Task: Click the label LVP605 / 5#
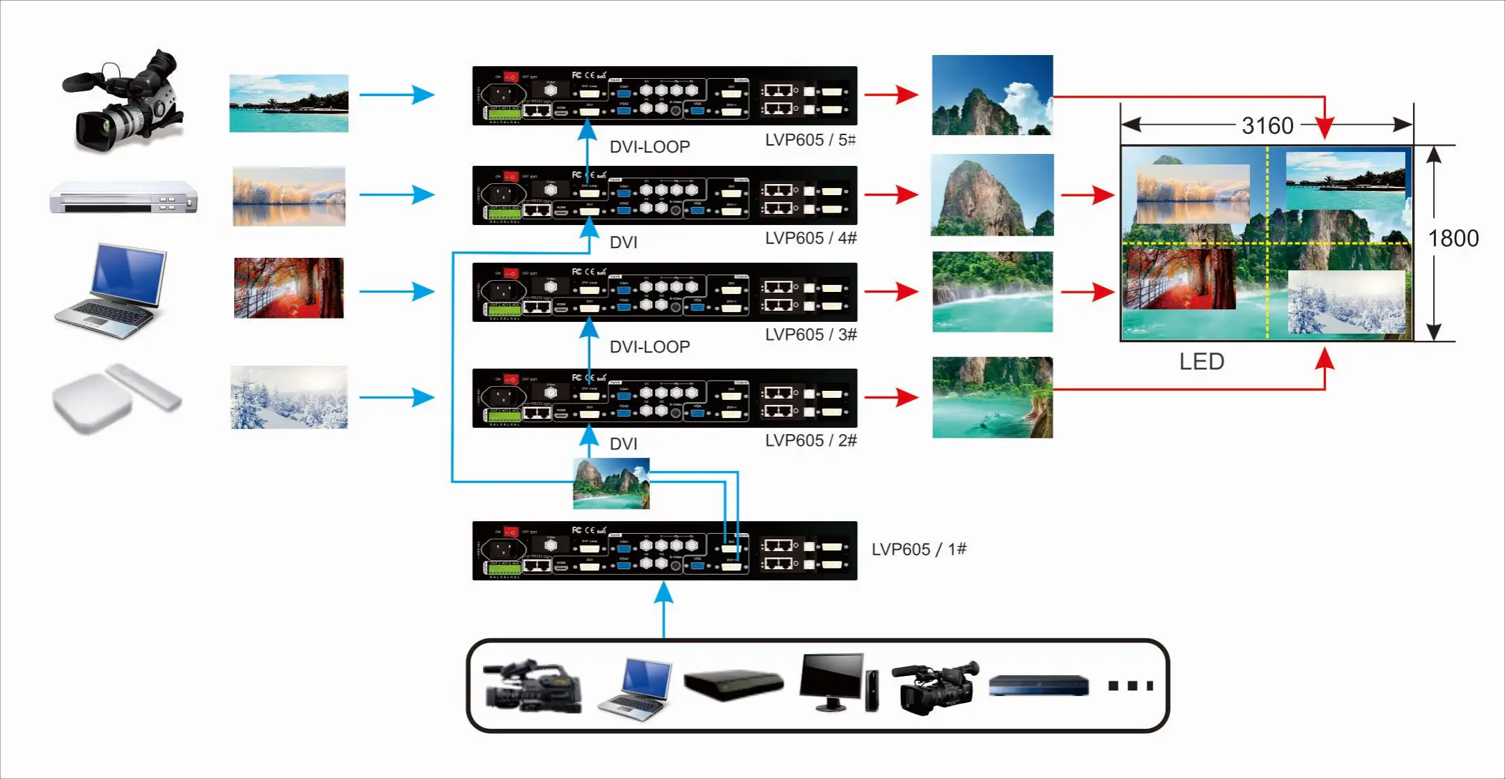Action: tap(810, 140)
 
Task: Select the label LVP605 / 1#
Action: tap(918, 549)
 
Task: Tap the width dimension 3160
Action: tap(1267, 126)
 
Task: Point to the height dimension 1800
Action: tap(1453, 239)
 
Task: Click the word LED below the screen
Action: tap(1201, 362)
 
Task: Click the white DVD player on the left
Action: tap(123, 197)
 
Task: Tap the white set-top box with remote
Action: tap(115, 398)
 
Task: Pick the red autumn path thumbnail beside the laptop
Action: tap(288, 288)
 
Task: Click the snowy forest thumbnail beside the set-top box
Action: tap(288, 397)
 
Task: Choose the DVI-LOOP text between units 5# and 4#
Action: tap(649, 147)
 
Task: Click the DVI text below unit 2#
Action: tap(623, 444)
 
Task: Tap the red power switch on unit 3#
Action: tap(511, 274)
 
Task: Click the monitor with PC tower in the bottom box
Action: tap(838, 682)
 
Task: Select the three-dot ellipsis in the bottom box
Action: tap(1130, 686)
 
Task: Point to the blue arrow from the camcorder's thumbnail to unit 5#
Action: tap(397, 95)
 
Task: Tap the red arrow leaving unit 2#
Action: tap(891, 398)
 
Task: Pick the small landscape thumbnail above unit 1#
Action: tap(611, 484)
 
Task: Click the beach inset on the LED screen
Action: tap(1345, 181)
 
